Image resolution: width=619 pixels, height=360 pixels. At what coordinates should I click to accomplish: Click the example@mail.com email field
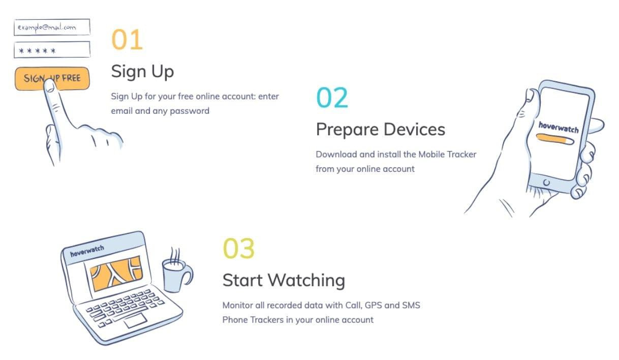[x=52, y=27]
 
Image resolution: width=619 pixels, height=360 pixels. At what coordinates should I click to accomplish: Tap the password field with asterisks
[x=52, y=50]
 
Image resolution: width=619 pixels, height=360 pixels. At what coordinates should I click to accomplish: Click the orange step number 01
[x=127, y=40]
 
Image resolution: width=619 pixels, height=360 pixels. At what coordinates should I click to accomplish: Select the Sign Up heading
[x=142, y=72]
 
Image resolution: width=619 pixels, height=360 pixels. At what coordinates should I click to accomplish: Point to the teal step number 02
[x=332, y=97]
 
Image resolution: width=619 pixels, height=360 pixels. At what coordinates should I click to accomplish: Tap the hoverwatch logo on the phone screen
[x=558, y=128]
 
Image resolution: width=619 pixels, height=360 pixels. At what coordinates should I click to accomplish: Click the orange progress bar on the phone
[x=555, y=139]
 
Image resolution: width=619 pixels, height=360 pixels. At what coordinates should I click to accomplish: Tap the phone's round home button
[x=546, y=183]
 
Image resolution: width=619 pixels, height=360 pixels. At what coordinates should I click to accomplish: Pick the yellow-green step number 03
[x=238, y=248]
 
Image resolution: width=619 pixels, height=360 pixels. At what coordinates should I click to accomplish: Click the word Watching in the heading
[x=306, y=281]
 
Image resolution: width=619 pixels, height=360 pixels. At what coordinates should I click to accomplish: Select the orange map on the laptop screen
[x=116, y=273]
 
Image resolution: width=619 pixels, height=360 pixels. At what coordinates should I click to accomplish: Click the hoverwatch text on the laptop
[x=87, y=251]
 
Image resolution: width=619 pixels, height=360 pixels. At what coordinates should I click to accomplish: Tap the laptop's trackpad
[x=135, y=320]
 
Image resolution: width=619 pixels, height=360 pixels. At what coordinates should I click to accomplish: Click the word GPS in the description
[x=374, y=305]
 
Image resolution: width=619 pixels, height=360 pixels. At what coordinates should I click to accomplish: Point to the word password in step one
[x=190, y=111]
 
